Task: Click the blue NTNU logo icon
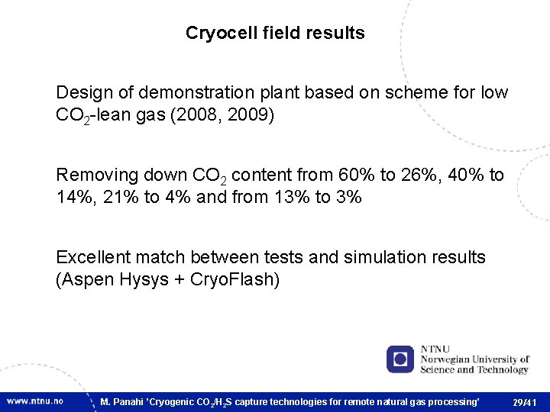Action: (400, 359)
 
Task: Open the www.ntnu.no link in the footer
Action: (34, 401)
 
